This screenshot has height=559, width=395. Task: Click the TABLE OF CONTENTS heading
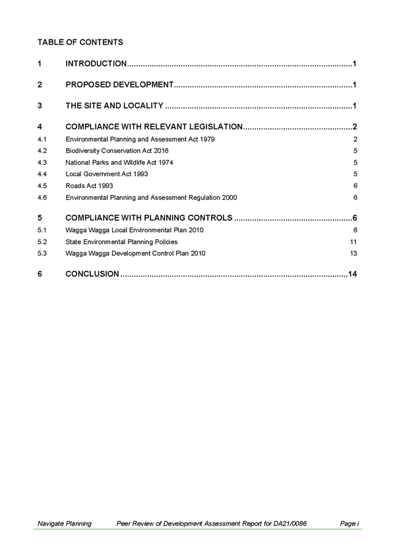[x=80, y=42]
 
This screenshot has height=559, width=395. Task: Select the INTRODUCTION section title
[x=96, y=63]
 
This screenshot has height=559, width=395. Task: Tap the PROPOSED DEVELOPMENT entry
[x=119, y=84]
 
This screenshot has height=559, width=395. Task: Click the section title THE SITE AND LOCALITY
[x=114, y=105]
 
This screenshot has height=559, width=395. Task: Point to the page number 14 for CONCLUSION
[x=352, y=274]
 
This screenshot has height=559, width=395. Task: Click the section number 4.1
[x=42, y=139]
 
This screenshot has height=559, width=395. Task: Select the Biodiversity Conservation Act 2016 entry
[x=117, y=151]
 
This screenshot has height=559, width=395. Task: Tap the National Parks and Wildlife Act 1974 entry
[x=119, y=163]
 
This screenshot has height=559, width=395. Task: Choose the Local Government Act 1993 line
[x=107, y=174]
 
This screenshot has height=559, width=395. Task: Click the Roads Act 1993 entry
[x=89, y=186]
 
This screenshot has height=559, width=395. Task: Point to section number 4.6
[x=42, y=198]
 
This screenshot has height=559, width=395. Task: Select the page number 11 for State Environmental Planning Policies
[x=353, y=242]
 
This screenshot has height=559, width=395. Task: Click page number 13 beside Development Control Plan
[x=353, y=253]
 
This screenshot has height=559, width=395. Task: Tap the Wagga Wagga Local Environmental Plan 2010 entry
[x=135, y=230]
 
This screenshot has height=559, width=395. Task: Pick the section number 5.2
[x=42, y=242]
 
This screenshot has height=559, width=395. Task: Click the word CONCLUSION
[x=92, y=274]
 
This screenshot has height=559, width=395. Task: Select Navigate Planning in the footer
[x=65, y=523]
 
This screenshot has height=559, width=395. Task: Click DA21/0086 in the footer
[x=290, y=523]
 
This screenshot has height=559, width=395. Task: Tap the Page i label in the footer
[x=349, y=523]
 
